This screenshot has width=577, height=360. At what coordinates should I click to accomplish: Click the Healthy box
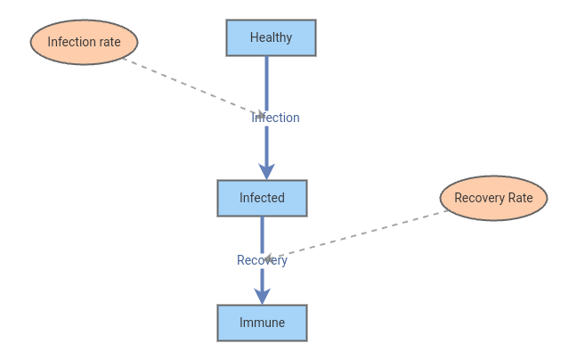pyautogui.click(x=271, y=37)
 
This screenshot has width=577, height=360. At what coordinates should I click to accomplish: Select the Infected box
pyautogui.click(x=262, y=198)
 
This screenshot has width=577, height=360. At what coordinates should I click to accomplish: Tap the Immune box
pyautogui.click(x=262, y=323)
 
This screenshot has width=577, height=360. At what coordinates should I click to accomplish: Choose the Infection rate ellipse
pyautogui.click(x=84, y=42)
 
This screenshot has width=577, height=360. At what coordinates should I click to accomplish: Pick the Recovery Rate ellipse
pyautogui.click(x=493, y=198)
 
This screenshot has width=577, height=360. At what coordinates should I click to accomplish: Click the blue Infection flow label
pyautogui.click(x=276, y=118)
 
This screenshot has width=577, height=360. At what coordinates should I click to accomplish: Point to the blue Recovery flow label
pyautogui.click(x=262, y=260)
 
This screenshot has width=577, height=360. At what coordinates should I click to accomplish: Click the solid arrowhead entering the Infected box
pyautogui.click(x=266, y=171)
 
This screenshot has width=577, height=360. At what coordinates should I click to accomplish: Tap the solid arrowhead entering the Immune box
pyautogui.click(x=262, y=296)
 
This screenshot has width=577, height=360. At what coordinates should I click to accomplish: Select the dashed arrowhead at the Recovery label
pyautogui.click(x=268, y=258)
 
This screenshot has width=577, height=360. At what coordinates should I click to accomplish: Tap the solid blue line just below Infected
pyautogui.click(x=262, y=232)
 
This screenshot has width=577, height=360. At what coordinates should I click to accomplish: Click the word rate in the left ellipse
pyautogui.click(x=107, y=42)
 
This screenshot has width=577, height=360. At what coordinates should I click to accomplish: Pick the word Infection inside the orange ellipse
pyautogui.click(x=69, y=42)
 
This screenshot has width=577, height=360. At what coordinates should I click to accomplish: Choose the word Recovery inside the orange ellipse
pyautogui.click(x=479, y=198)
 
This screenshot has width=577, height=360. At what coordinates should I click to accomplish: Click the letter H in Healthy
pyautogui.click(x=254, y=37)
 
